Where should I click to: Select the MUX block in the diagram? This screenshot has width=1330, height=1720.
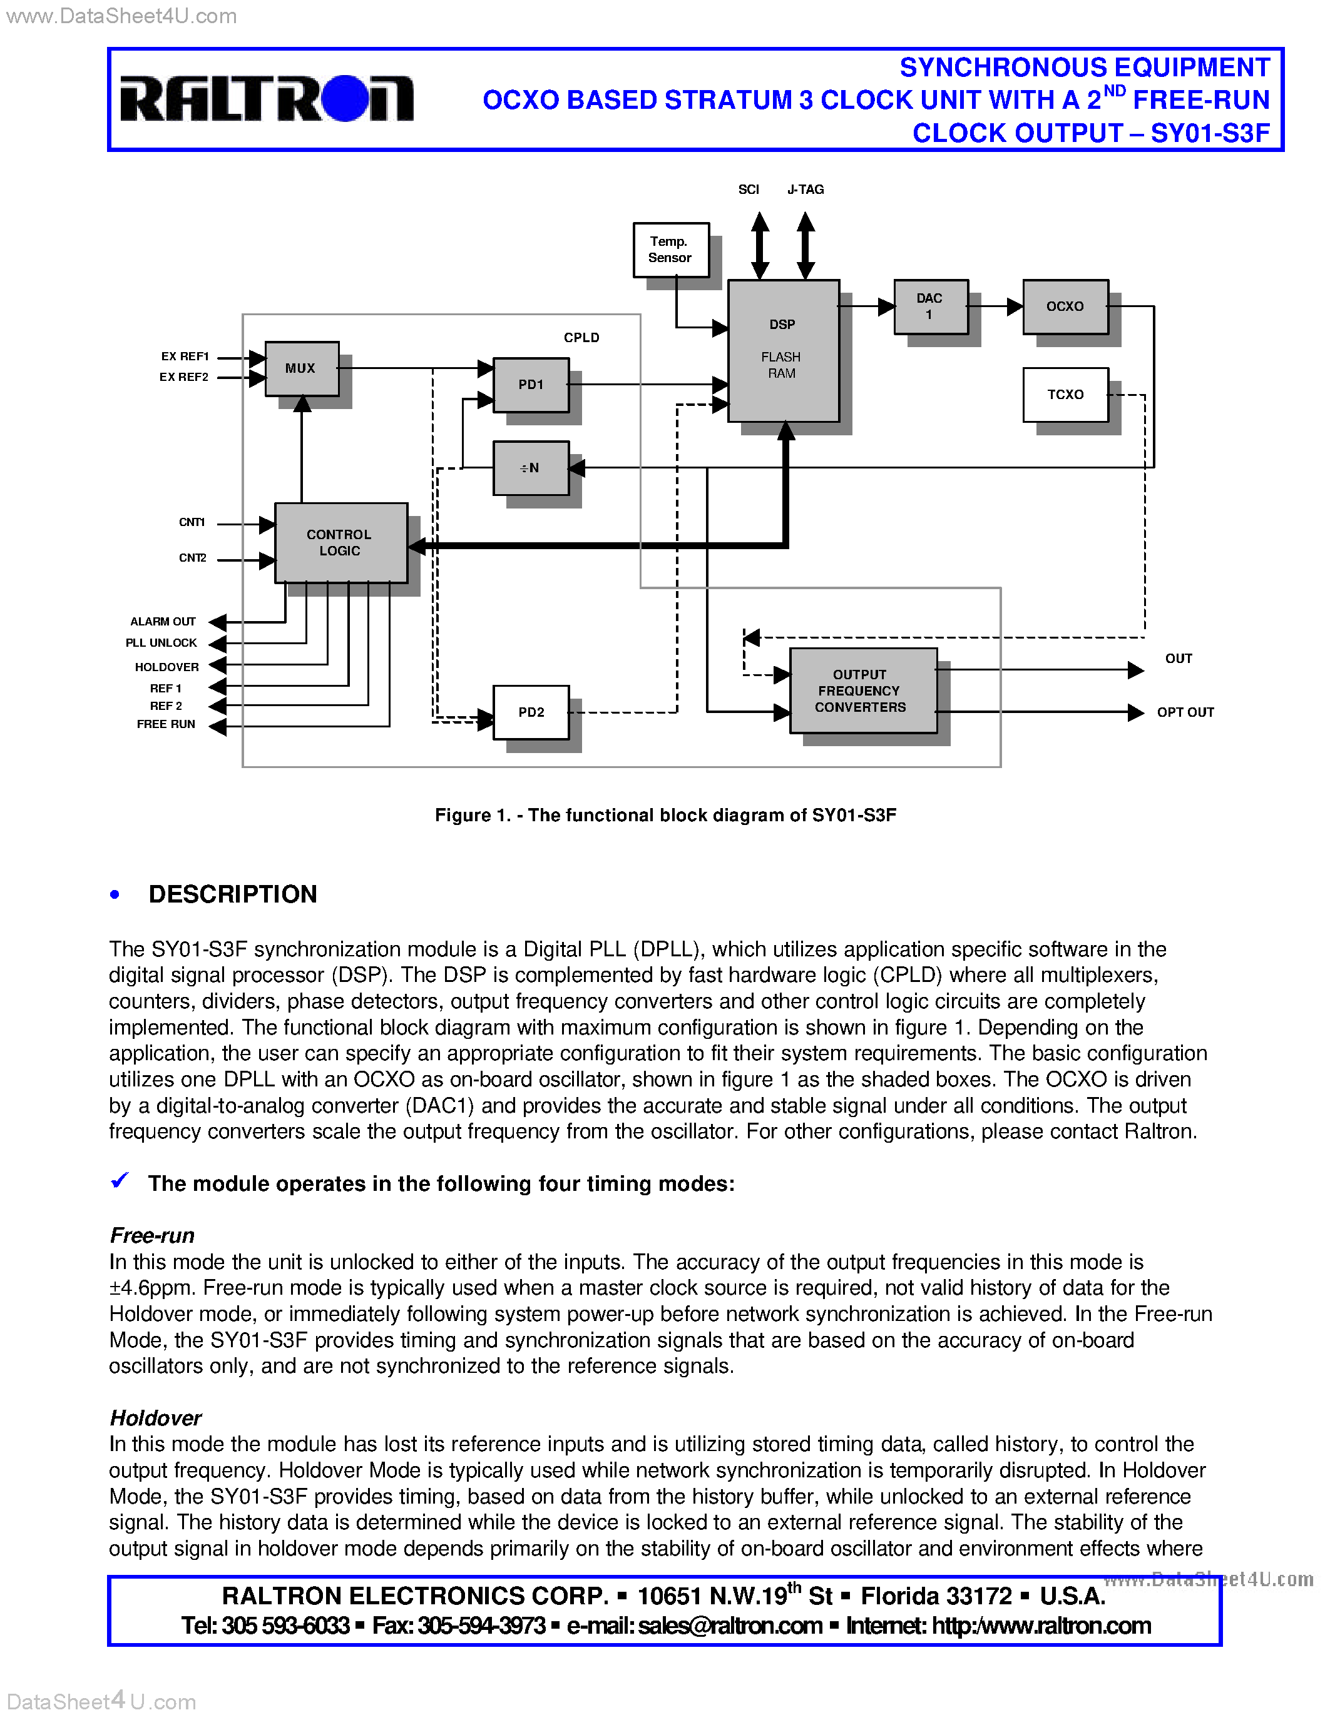coord(302,368)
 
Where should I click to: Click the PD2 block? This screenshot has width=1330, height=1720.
coord(531,712)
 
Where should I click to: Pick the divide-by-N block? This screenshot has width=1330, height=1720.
coord(531,468)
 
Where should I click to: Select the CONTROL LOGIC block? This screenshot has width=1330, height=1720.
coord(340,543)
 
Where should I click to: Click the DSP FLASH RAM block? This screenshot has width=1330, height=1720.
coord(783,350)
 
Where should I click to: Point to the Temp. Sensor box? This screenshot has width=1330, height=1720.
coord(670,250)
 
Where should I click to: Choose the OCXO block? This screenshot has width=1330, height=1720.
coord(1065,306)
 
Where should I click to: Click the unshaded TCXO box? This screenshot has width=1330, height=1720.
coord(1065,395)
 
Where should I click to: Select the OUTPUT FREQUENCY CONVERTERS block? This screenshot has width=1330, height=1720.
coord(862,691)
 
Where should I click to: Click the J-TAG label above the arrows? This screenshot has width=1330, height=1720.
coord(806,190)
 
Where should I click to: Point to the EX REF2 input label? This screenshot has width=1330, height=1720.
coord(183,377)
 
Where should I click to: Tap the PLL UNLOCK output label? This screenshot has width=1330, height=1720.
coord(161,642)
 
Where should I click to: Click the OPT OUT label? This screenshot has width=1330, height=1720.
coord(1185,712)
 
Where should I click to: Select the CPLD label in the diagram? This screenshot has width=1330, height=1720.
coord(581,338)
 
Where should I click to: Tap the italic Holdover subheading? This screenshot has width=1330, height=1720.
coord(155,1419)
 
